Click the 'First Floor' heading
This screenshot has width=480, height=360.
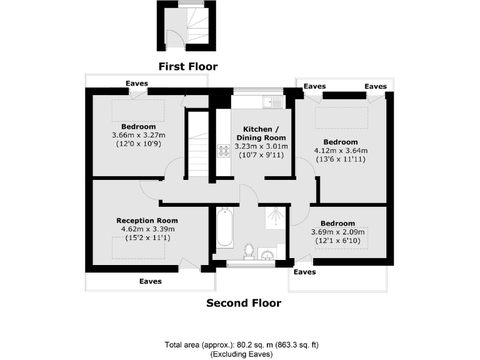tap(187, 66)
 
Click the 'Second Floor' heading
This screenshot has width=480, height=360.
tap(244, 303)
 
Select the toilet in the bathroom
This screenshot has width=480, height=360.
tap(249, 251)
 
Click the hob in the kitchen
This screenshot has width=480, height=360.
tap(223, 151)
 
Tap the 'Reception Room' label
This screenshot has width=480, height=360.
tap(147, 221)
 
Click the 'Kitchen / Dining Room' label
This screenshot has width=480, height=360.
tap(261, 133)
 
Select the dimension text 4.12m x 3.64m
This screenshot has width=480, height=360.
tap(341, 151)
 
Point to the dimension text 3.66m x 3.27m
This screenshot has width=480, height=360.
tap(138, 135)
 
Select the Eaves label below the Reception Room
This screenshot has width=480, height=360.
tap(150, 281)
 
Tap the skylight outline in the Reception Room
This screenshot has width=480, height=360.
tap(139, 249)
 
